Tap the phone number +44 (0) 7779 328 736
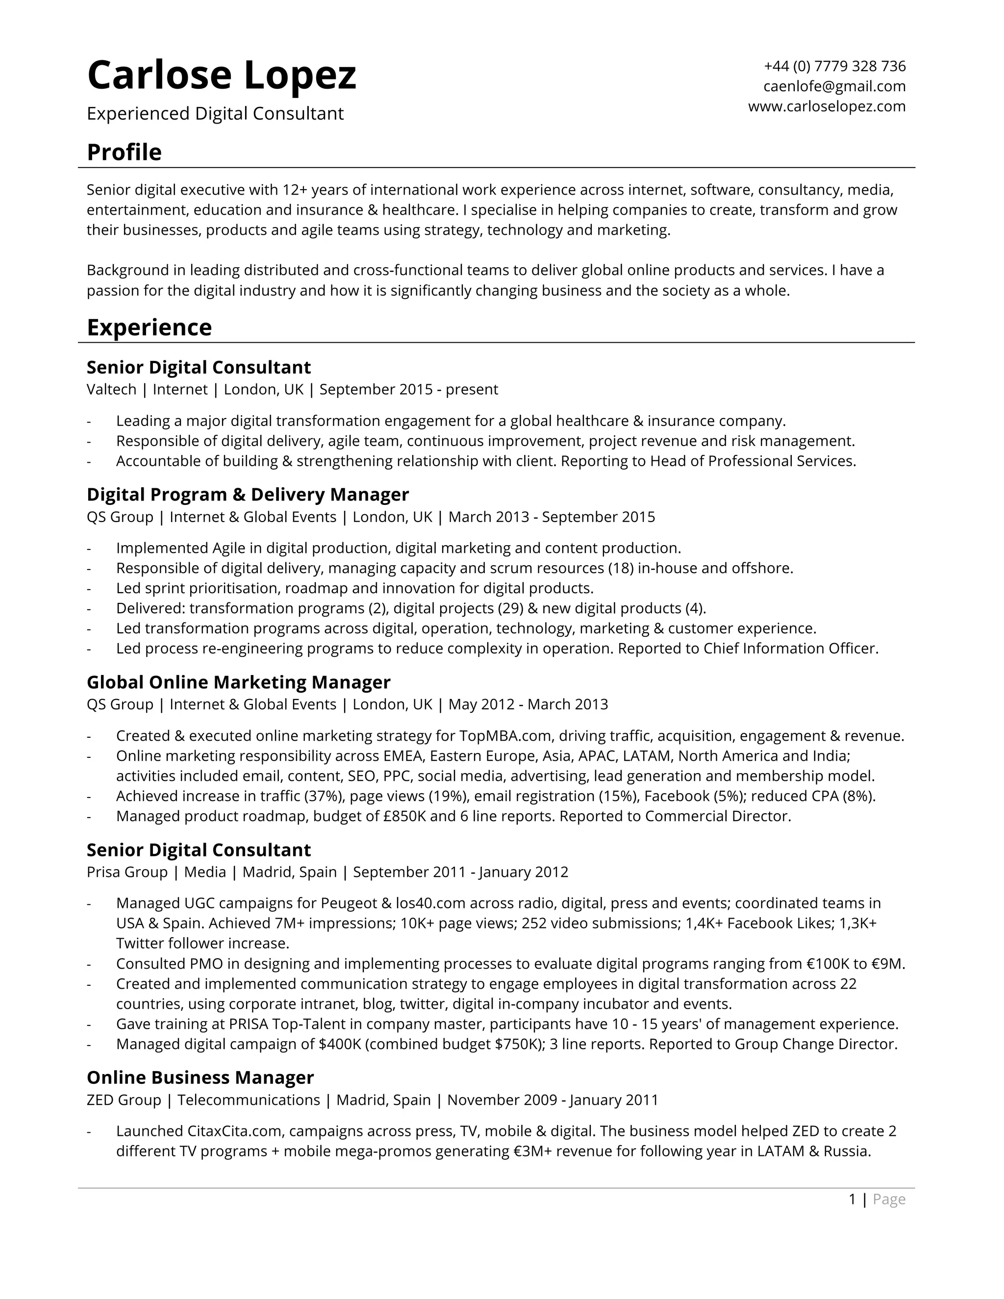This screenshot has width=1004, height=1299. pyautogui.click(x=834, y=66)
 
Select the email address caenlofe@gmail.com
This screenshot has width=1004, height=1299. pyautogui.click(x=834, y=86)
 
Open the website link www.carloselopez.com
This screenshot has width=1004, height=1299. pyautogui.click(x=827, y=106)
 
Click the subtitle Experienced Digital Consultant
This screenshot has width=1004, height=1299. pyautogui.click(x=215, y=114)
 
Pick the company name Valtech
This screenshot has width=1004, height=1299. pyautogui.click(x=111, y=390)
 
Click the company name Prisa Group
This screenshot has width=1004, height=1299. pyautogui.click(x=126, y=872)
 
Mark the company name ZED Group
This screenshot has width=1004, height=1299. pyautogui.click(x=124, y=1100)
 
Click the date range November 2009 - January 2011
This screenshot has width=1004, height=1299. pyautogui.click(x=552, y=1100)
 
